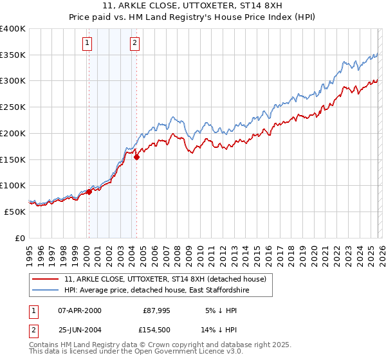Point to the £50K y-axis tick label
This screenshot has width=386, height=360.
[15, 212]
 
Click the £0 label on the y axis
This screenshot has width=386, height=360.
[21, 238]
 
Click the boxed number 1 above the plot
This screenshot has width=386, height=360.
[87, 43]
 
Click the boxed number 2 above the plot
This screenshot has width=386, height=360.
[134, 43]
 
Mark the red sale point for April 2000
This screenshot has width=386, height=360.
[89, 192]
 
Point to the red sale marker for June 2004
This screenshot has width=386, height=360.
[136, 157]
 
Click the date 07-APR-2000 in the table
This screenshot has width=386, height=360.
[80, 310]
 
